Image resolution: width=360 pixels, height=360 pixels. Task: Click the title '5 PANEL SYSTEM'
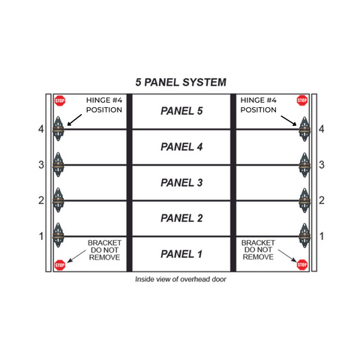coord(181,82)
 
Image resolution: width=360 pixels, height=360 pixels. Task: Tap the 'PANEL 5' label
coord(181,111)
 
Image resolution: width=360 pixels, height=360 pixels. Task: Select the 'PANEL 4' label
coord(181,147)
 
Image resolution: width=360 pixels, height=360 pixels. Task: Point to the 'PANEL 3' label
coord(181,182)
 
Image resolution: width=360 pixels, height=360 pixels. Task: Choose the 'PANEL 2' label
coord(181,218)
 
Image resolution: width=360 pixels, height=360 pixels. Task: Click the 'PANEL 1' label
coord(181,254)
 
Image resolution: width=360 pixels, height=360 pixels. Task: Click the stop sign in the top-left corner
coord(60,100)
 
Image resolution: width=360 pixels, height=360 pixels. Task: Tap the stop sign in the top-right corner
coord(301,100)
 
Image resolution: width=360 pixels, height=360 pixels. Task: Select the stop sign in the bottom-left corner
coord(60,265)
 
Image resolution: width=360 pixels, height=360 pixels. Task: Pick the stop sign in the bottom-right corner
coord(301,265)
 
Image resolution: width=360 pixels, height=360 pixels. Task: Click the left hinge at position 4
coord(58,129)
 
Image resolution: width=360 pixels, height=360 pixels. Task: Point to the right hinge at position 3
coord(304,165)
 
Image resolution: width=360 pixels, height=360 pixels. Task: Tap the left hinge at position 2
coord(58,200)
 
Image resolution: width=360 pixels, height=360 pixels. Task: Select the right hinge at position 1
coord(304,235)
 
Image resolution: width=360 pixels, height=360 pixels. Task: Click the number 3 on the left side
coord(41,165)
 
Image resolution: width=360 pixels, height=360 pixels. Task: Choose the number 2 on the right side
coord(322,200)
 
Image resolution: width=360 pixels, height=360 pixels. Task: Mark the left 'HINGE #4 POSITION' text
coord(104,105)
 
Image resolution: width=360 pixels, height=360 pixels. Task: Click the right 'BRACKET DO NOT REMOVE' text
coord(258,250)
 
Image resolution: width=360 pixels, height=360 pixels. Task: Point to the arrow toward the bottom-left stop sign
coord(76,256)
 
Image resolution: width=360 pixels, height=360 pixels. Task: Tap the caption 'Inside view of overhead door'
coord(181,279)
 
